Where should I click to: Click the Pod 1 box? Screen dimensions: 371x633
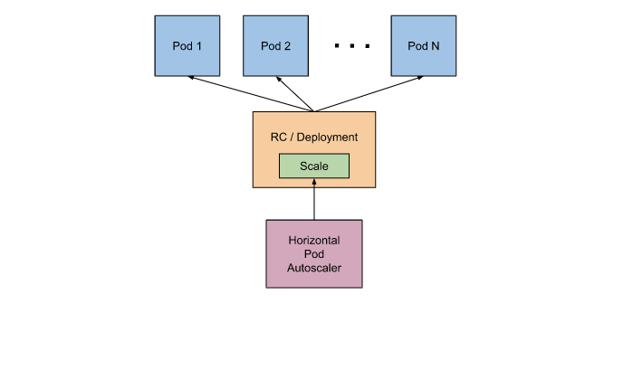pos(187,45)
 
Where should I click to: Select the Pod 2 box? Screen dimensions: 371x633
pos(274,45)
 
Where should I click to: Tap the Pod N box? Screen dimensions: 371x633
pos(422,45)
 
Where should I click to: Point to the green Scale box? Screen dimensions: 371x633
pos(313,166)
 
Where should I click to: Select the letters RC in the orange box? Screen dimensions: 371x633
pos(278,138)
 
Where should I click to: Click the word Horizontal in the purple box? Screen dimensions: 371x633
pos(313,241)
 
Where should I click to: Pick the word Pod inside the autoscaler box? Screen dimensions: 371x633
pos(313,254)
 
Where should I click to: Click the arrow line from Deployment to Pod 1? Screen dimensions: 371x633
pos(254,95)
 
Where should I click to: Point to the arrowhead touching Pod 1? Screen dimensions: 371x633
pos(192,79)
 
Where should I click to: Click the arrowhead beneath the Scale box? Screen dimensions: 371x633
pos(313,182)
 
